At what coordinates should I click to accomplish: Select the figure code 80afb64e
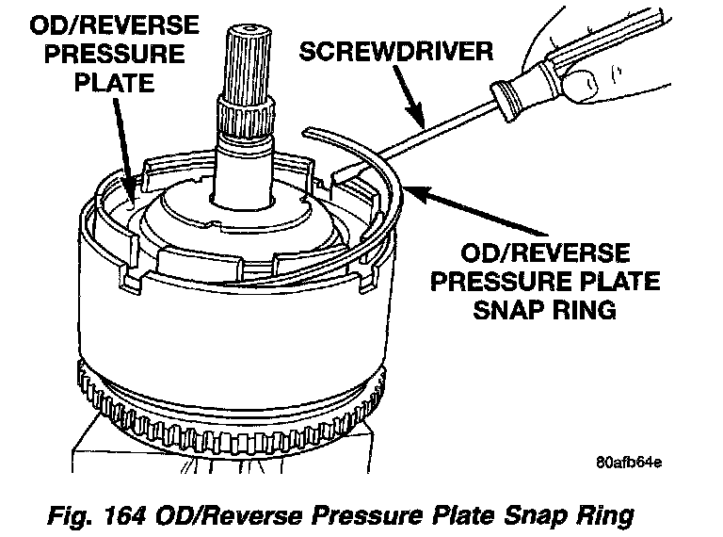(x=628, y=463)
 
